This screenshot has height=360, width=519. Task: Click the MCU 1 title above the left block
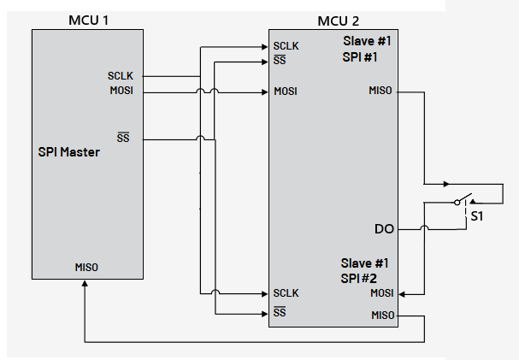(x=88, y=20)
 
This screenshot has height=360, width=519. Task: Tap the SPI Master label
(x=69, y=152)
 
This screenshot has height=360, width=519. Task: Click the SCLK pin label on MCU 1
(x=121, y=76)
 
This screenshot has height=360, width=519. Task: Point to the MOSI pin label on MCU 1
(x=121, y=91)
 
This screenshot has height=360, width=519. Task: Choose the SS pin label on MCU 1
(x=123, y=138)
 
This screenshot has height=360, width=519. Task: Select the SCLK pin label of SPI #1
(x=286, y=46)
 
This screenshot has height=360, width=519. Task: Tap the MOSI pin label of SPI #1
(x=286, y=91)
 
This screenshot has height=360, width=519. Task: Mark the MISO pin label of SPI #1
(x=380, y=91)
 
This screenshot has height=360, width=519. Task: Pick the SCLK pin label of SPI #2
(x=286, y=293)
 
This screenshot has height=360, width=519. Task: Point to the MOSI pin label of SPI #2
(x=381, y=293)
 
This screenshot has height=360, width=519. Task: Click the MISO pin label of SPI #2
(x=381, y=316)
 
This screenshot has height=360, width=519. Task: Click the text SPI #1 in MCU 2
(x=359, y=56)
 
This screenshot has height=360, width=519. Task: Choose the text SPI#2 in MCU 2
(x=359, y=277)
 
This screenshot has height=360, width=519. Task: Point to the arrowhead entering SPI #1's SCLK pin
(x=264, y=46)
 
